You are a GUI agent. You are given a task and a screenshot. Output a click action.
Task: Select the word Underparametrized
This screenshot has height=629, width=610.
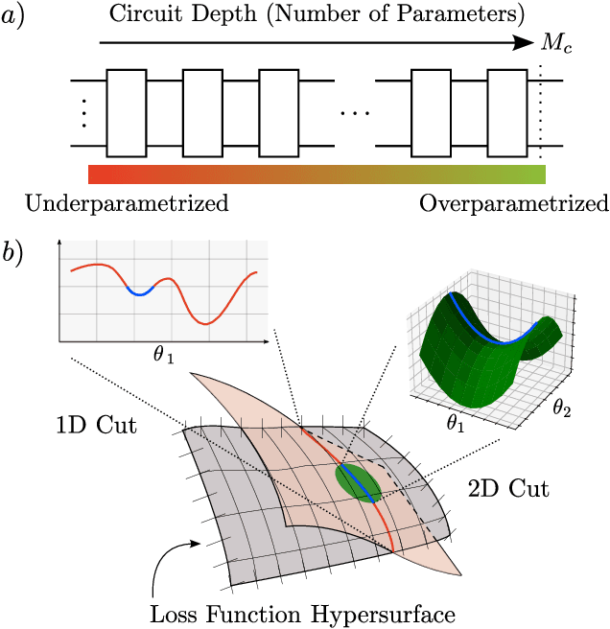click(x=127, y=204)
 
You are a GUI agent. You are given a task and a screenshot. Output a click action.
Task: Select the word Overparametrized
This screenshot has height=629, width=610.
click(x=513, y=204)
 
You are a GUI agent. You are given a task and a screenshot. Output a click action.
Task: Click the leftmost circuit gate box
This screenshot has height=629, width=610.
click(x=127, y=112)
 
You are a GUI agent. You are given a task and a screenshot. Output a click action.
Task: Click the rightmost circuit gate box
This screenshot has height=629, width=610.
click(x=505, y=112)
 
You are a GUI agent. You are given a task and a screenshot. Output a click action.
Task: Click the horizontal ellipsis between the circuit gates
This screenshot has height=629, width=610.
click(x=354, y=113)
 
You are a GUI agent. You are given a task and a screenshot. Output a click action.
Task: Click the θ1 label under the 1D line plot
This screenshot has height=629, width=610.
click(x=163, y=357)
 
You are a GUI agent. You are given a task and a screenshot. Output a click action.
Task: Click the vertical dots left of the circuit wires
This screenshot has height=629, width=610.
click(x=83, y=112)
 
